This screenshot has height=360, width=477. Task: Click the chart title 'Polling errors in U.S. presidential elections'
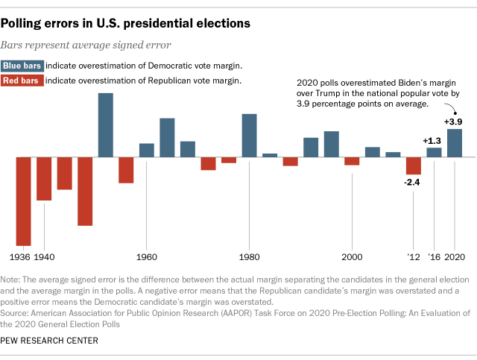tap(125, 24)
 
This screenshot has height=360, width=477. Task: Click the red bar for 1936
tap(24, 201)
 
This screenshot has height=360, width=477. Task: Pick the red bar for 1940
tap(44, 179)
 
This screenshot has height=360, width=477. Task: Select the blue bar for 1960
tap(147, 151)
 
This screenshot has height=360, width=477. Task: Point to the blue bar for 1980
tap(249, 136)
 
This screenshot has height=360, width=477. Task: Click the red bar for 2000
tap(352, 161)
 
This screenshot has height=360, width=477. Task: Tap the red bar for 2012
tap(413, 165)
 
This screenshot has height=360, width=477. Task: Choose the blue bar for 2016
tap(434, 153)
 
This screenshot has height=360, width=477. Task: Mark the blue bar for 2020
tap(454, 143)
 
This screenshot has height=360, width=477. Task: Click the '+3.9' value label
tap(454, 121)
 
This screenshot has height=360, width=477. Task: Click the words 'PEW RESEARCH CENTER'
tap(51, 341)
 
